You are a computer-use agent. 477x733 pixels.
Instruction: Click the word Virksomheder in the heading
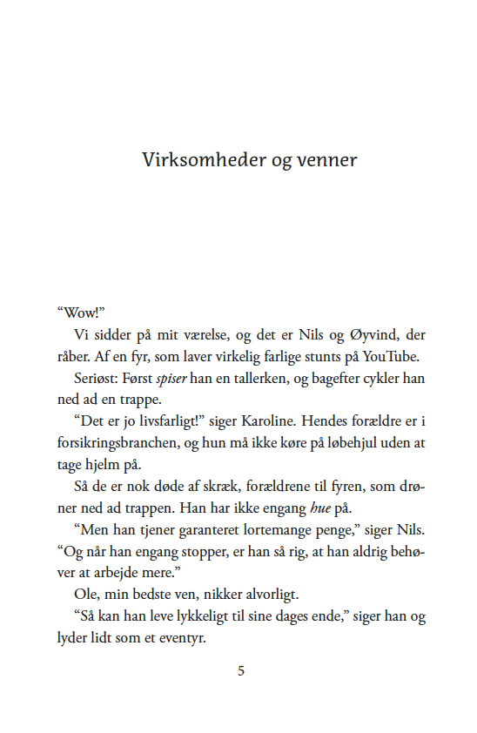[191, 160]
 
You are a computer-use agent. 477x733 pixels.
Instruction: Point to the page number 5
[241, 671]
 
